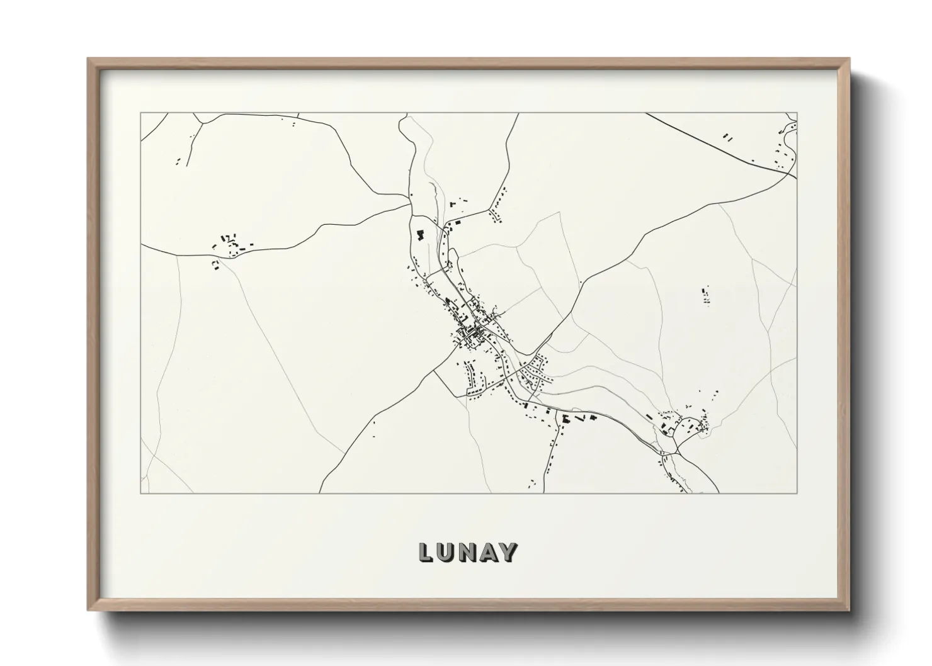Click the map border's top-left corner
point(140,113)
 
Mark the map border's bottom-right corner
point(797,493)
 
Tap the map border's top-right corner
point(797,113)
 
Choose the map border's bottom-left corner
point(140,493)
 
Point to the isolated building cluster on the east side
point(705,295)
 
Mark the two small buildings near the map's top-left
point(178,162)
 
